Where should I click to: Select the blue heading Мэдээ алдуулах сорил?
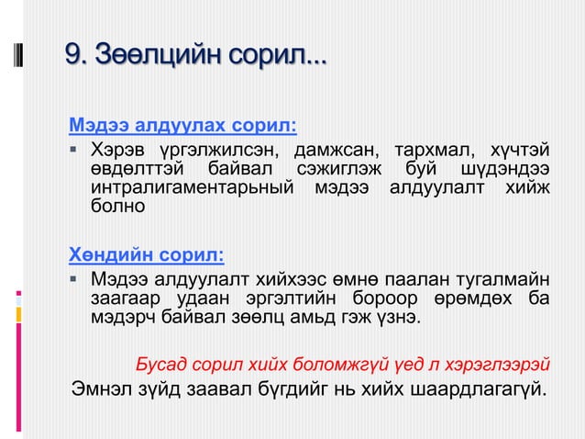[x=183, y=125]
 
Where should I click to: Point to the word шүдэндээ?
[x=507, y=169]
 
